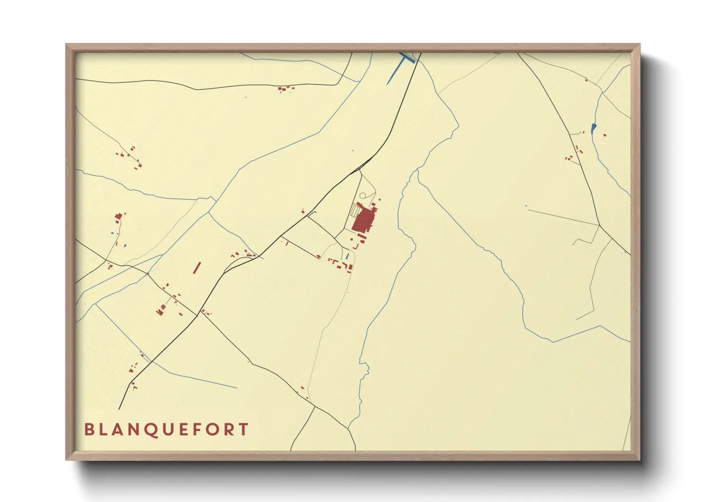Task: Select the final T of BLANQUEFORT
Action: tap(244, 429)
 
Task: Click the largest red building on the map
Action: tap(363, 220)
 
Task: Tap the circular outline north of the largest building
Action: tap(363, 195)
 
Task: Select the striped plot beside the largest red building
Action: tap(355, 210)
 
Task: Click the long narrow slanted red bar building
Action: tap(197, 268)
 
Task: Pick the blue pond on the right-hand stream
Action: tap(593, 128)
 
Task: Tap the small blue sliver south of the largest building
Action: tap(347, 256)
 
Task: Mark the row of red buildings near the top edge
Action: tap(285, 88)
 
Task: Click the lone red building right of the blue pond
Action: tap(605, 135)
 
